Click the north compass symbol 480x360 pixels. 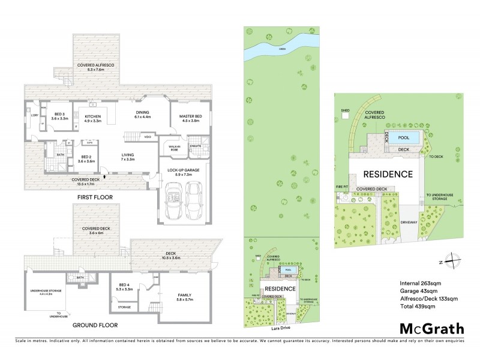454,262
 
